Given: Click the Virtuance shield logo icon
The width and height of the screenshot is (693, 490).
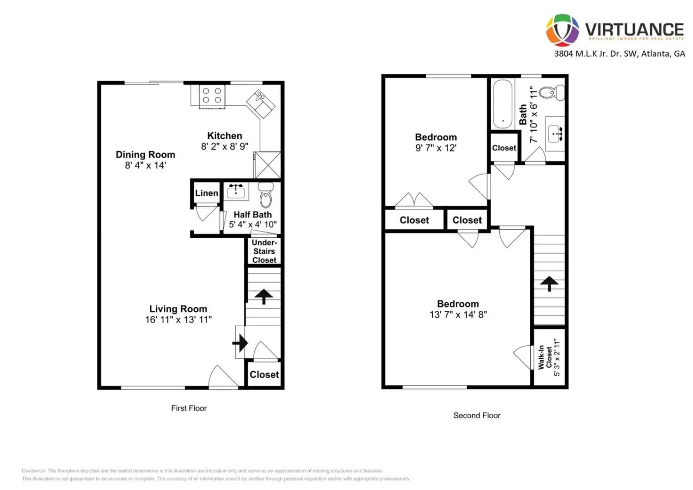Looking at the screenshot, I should pos(562,30).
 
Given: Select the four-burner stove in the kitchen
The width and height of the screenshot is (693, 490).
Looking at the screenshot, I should pos(212,96).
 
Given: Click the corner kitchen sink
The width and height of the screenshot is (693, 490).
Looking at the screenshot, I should pos(260,103).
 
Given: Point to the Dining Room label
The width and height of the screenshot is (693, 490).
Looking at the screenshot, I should pos(145,155).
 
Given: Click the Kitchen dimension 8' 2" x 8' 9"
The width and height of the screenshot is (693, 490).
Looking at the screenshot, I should pos(224,147).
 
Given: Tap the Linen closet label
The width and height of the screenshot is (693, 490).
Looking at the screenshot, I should pos(206,193).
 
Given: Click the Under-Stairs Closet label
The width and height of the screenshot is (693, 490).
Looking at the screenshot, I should pos(264,251).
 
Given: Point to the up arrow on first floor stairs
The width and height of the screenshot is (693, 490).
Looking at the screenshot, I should pos(264,296).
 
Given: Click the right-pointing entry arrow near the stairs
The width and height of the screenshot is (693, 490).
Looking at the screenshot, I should pos(240,343).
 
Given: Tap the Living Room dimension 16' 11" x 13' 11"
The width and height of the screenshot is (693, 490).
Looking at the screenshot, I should pos(178,320).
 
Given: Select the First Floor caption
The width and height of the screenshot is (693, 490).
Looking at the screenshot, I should pos(189,408).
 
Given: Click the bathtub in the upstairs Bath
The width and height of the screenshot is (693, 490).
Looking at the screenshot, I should pos(503,104).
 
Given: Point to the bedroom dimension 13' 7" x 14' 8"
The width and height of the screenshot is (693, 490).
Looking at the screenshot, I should pos(458,314).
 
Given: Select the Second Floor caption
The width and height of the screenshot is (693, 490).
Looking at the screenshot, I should pos(477,416).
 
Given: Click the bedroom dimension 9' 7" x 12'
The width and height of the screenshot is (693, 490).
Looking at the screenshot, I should pos(436,148).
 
